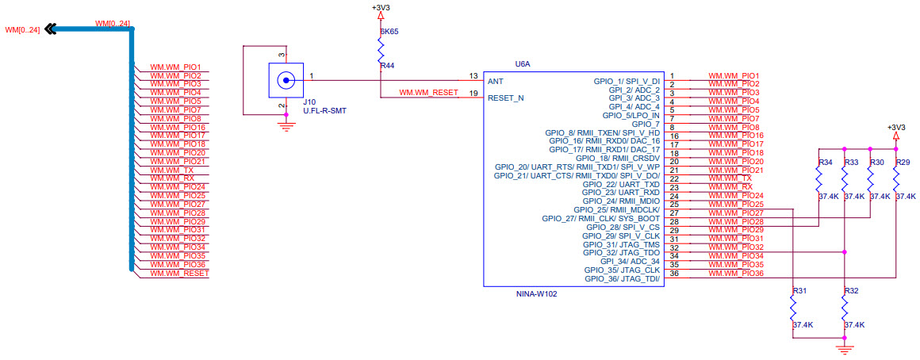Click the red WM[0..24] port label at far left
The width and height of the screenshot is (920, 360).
(x=22, y=30)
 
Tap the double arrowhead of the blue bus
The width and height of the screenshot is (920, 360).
(x=51, y=29)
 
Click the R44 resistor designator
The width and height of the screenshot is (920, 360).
(x=387, y=66)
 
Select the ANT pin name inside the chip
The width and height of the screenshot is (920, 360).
(x=495, y=81)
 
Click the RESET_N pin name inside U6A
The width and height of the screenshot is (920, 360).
(x=505, y=98)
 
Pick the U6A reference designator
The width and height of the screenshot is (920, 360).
(x=523, y=63)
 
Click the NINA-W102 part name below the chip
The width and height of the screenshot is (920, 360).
(x=537, y=293)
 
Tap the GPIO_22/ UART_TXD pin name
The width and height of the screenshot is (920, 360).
(x=621, y=184)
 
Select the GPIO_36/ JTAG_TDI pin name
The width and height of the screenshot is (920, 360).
(x=622, y=278)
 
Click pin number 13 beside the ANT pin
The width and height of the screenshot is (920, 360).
(x=473, y=76)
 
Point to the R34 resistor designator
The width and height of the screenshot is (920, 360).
(x=825, y=163)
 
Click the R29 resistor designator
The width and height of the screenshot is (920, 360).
(x=903, y=163)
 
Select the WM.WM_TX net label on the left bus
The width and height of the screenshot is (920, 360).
(x=177, y=170)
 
